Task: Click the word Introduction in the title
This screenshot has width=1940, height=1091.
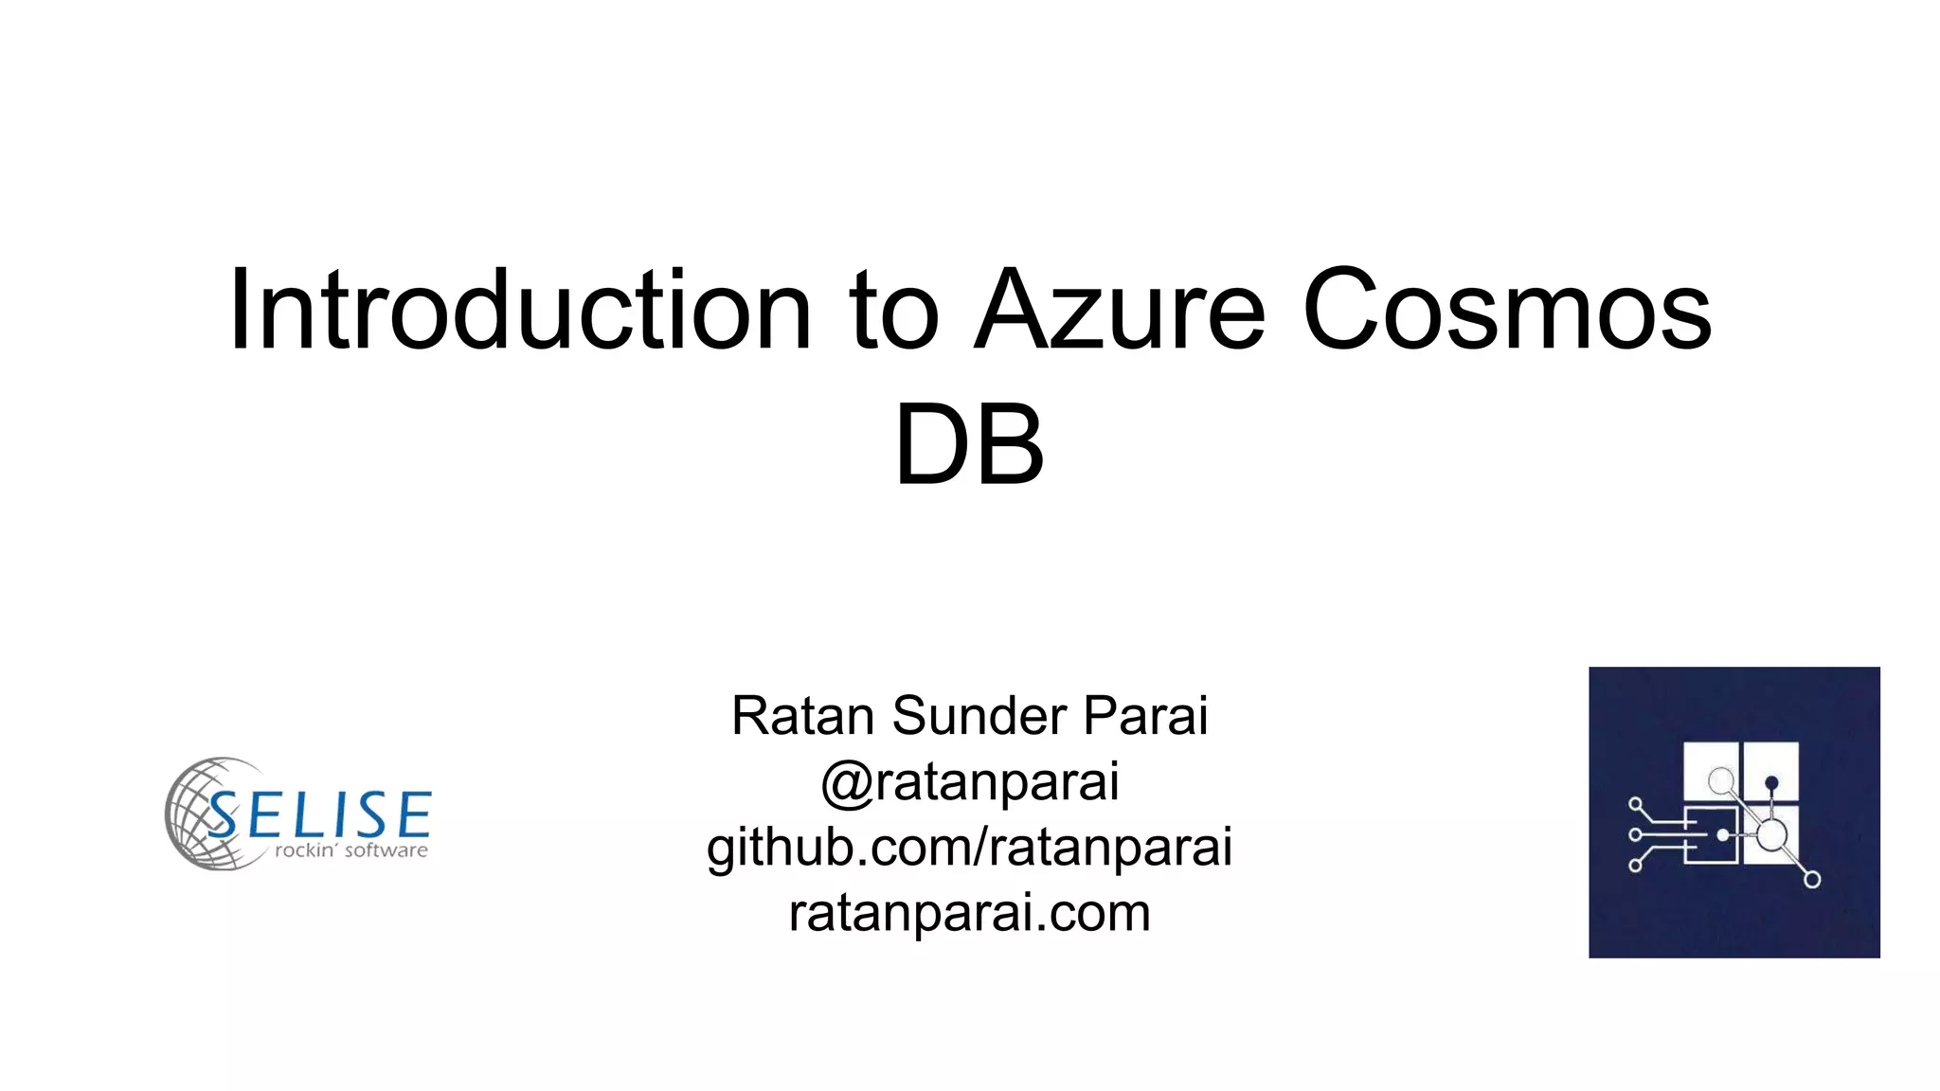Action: pyautogui.click(x=520, y=310)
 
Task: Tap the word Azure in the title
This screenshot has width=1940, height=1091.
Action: pyautogui.click(x=1120, y=310)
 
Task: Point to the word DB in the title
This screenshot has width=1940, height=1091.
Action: pyautogui.click(x=969, y=444)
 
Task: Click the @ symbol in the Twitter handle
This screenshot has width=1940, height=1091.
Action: pyautogui.click(x=846, y=782)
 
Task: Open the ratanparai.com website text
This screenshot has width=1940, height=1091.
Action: pyautogui.click(x=969, y=912)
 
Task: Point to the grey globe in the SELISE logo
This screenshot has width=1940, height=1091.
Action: pyautogui.click(x=204, y=813)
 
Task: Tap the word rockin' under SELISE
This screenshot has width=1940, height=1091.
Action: pyautogui.click(x=306, y=850)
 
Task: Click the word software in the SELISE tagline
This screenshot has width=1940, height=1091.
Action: pyautogui.click(x=386, y=850)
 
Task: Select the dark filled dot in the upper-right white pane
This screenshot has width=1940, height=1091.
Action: pyautogui.click(x=1771, y=782)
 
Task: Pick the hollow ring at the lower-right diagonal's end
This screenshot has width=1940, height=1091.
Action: pyautogui.click(x=1812, y=880)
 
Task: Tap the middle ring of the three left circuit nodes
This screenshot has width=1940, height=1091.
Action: pyautogui.click(x=1635, y=834)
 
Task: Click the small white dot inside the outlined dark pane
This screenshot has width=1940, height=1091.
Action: pyautogui.click(x=1723, y=834)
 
